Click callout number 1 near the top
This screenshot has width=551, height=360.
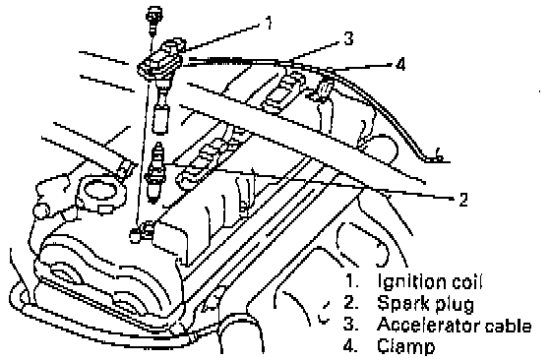click(x=268, y=23)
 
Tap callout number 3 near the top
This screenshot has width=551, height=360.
click(x=348, y=38)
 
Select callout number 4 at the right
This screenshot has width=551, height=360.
click(x=400, y=64)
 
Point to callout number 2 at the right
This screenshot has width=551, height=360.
click(x=463, y=200)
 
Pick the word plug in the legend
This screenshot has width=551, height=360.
click(x=455, y=305)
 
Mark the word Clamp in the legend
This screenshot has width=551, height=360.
click(x=406, y=347)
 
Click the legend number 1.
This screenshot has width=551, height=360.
click(x=351, y=281)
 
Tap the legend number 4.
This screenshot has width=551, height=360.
click(x=350, y=346)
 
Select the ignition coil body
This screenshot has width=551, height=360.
click(x=160, y=61)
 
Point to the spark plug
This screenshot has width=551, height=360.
click(x=156, y=171)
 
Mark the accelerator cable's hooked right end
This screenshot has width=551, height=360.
click(x=437, y=156)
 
